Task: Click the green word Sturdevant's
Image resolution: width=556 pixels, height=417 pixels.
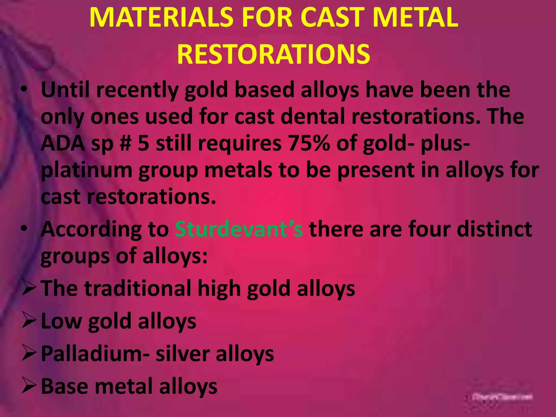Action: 238,229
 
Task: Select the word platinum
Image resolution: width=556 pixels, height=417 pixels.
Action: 86,170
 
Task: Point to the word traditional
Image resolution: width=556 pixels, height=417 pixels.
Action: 138,288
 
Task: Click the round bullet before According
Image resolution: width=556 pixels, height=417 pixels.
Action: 24,229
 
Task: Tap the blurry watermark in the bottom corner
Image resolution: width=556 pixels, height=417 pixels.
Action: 502,397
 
